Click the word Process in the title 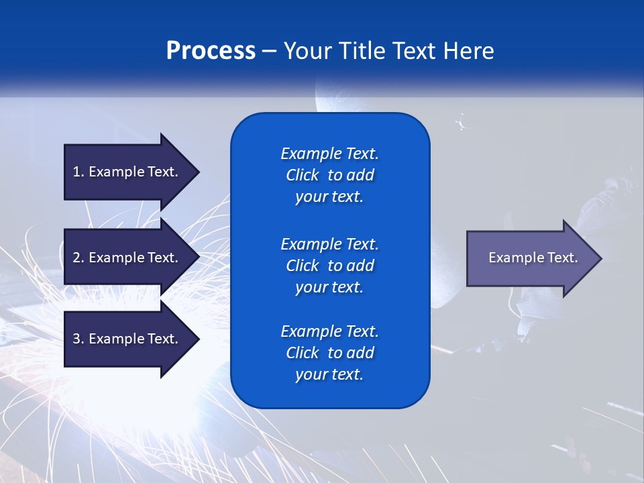click(211, 51)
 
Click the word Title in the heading click(363, 51)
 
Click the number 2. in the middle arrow click(78, 258)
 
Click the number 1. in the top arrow click(78, 172)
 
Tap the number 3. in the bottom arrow click(78, 339)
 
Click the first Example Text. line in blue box click(329, 154)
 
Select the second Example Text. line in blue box click(329, 244)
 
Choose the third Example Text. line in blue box click(329, 331)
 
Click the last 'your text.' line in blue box click(329, 374)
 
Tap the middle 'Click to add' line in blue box click(329, 266)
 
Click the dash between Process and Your click(270, 51)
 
